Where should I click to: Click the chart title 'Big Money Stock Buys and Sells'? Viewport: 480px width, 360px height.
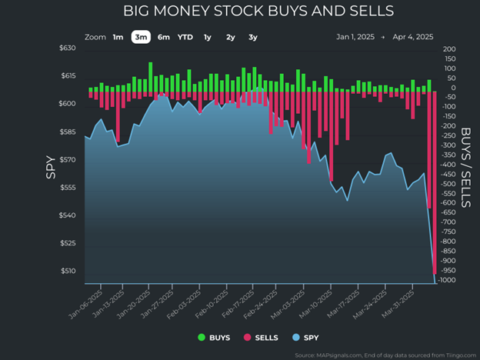click(258, 12)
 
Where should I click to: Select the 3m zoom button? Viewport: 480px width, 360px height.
click(140, 37)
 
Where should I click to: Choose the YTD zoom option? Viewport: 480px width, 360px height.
click(185, 37)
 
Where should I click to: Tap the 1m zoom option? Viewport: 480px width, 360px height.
click(118, 37)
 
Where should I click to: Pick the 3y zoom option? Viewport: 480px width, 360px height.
click(253, 37)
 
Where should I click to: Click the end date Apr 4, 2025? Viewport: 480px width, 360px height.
click(413, 37)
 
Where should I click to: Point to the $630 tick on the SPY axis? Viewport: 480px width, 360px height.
click(68, 48)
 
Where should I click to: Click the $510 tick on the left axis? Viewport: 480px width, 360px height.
click(68, 271)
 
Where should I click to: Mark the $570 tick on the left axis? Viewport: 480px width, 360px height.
click(68, 160)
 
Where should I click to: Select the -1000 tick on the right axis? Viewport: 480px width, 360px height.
click(450, 280)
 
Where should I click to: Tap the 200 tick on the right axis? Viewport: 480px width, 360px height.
click(450, 49)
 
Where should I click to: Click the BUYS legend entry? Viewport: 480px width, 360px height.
click(215, 337)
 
